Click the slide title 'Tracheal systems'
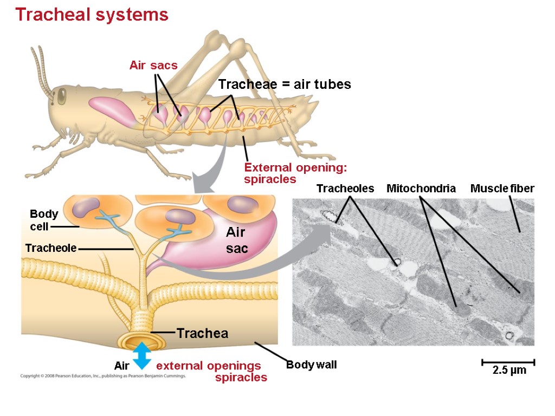pyautogui.click(x=92, y=15)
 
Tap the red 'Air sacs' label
pyautogui.click(x=153, y=66)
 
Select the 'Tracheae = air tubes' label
pyautogui.click(x=285, y=84)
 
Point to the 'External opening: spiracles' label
pyautogui.click(x=295, y=173)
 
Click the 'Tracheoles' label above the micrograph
pyautogui.click(x=345, y=188)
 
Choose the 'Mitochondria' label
pyautogui.click(x=421, y=188)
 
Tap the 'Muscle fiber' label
pyautogui.click(x=502, y=188)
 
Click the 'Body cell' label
pyautogui.click(x=43, y=220)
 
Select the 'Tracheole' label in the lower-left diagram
pyautogui.click(x=50, y=248)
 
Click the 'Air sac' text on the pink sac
pyautogui.click(x=236, y=240)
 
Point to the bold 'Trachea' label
pyautogui.click(x=202, y=334)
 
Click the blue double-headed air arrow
pyautogui.click(x=142, y=356)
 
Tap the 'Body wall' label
pyautogui.click(x=311, y=365)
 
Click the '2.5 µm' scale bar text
pyautogui.click(x=509, y=371)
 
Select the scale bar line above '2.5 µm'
pyautogui.click(x=508, y=361)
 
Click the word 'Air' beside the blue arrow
pyautogui.click(x=122, y=366)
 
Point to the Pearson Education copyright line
pyautogui.click(x=103, y=375)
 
